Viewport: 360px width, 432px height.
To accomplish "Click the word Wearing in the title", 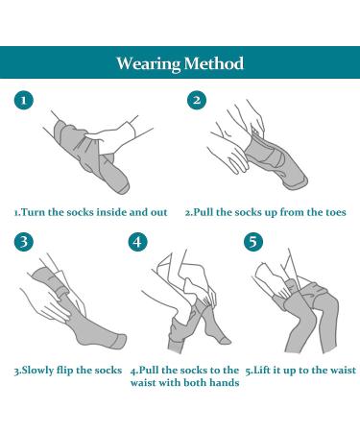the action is pyautogui.click(x=149, y=63).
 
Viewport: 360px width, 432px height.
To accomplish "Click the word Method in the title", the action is pyautogui.click(x=214, y=63).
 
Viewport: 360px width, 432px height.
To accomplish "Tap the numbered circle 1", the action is pyautogui.click(x=24, y=101).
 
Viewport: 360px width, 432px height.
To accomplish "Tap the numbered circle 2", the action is pyautogui.click(x=197, y=100).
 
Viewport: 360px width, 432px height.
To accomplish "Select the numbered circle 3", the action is pyautogui.click(x=24, y=242).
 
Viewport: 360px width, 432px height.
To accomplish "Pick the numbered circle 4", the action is pyautogui.click(x=137, y=242).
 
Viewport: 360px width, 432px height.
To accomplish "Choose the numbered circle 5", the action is pyautogui.click(x=253, y=242).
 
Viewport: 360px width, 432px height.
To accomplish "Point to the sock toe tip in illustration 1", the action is pyautogui.click(x=126, y=189).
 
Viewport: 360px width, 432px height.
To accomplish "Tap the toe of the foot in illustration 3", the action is pyautogui.click(x=122, y=341).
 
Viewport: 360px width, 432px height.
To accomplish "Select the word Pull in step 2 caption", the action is pyautogui.click(x=204, y=212).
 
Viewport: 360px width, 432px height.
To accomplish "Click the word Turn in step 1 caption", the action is pyautogui.click(x=34, y=212).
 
